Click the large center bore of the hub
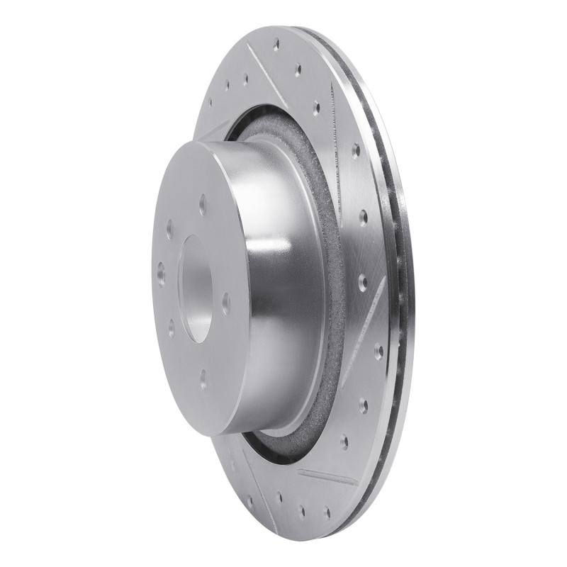tap(198, 288)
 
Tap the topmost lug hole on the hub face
tap(203, 206)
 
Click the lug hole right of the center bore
tap(226, 303)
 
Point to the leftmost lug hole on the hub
tap(161, 274)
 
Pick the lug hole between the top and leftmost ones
tap(170, 228)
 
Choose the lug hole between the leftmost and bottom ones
tap(171, 327)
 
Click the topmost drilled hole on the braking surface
tap(276, 44)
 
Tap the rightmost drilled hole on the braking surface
tap(378, 350)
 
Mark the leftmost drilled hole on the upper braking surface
tap(210, 101)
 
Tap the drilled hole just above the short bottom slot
tap(344, 442)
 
